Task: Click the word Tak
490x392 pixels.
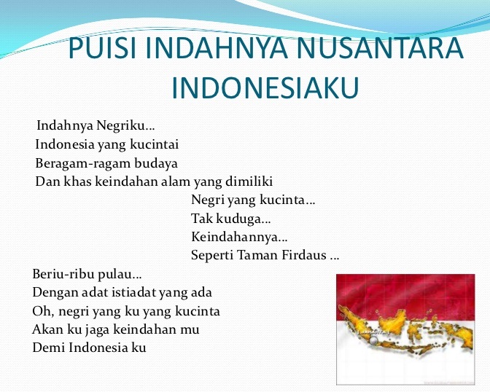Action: [201, 218]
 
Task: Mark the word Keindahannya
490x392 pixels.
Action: [238, 237]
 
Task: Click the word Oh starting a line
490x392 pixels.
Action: [42, 311]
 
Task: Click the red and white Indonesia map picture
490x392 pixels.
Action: [405, 329]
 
